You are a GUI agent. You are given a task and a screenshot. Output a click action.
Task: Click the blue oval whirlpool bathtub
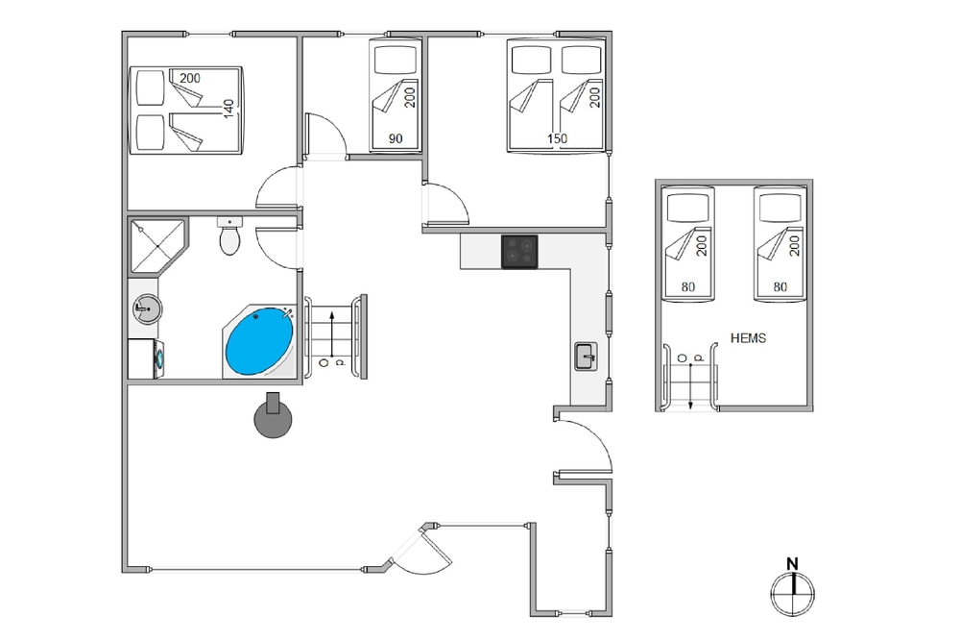[x=259, y=342]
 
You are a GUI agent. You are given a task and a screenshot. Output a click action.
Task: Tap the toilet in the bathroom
[x=229, y=236]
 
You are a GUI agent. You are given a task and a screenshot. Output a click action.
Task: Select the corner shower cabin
[x=157, y=246]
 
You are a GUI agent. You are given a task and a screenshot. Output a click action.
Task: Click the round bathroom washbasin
[x=147, y=308]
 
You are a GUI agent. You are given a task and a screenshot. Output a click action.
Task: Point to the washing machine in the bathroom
[x=146, y=359]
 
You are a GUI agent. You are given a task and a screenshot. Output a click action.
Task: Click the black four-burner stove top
[x=519, y=252]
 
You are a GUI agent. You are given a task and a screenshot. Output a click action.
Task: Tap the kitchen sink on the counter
[x=586, y=356]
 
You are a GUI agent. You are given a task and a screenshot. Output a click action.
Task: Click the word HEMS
[x=748, y=338]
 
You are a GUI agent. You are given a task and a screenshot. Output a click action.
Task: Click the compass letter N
[x=792, y=564]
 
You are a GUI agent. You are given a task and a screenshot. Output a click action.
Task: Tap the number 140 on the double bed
[x=228, y=110]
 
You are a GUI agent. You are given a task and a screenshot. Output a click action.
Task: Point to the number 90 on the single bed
[x=396, y=139]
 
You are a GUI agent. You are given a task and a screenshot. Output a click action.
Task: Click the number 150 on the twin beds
[x=557, y=139]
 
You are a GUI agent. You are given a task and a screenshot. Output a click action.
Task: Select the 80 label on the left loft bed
[x=688, y=286]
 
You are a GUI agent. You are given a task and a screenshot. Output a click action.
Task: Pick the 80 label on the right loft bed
[x=780, y=286]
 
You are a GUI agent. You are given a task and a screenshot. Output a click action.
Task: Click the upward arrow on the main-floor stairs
[x=332, y=334]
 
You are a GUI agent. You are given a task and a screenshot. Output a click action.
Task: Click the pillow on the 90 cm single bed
[x=396, y=60]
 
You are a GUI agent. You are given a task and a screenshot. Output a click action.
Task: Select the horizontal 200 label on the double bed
[x=190, y=79]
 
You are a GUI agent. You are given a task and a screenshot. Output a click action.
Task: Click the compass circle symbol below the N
[x=793, y=593]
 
